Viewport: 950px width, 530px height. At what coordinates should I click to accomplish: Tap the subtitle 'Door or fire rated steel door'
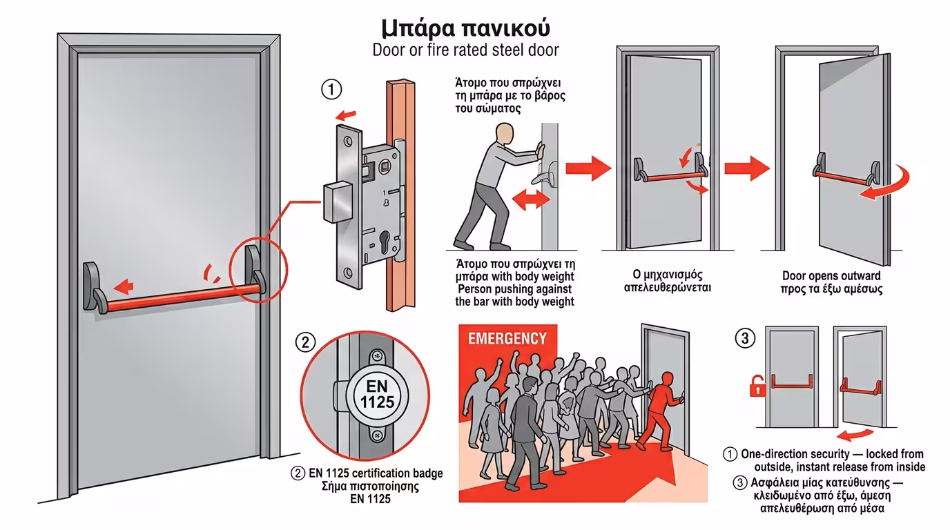coord(465,50)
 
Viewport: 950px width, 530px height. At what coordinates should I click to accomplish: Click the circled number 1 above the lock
coord(331,90)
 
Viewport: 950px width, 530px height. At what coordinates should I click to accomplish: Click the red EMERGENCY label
coord(507,339)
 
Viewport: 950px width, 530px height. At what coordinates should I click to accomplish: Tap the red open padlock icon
coord(758,386)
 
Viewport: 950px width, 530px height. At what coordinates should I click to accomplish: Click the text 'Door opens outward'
coord(831,276)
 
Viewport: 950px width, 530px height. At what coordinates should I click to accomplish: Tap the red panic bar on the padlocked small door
coord(794,382)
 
